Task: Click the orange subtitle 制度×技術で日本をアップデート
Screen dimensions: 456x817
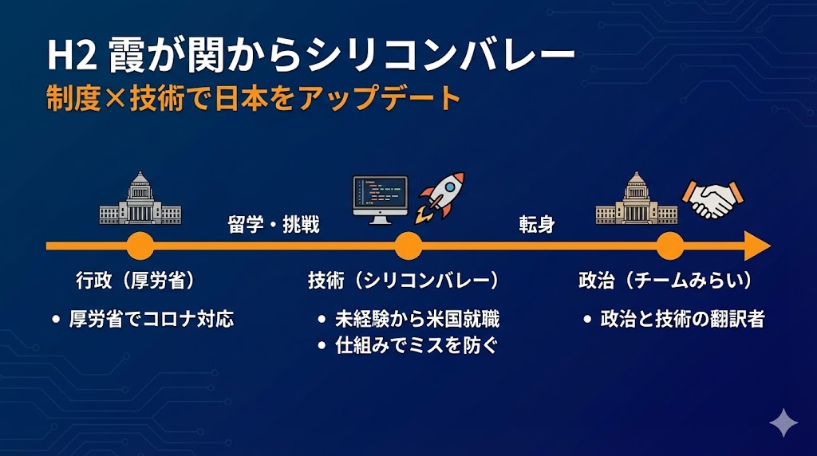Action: tap(254, 100)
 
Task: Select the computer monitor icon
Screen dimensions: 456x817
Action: tap(380, 200)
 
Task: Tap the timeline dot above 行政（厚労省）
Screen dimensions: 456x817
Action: tap(140, 246)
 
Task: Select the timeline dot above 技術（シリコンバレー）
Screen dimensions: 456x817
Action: tap(408, 246)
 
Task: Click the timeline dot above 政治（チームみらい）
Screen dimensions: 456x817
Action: tap(669, 246)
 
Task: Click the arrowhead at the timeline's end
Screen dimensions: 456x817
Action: tap(756, 246)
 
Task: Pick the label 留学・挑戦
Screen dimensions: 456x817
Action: tap(274, 225)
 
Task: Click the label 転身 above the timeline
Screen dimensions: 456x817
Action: tap(536, 225)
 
